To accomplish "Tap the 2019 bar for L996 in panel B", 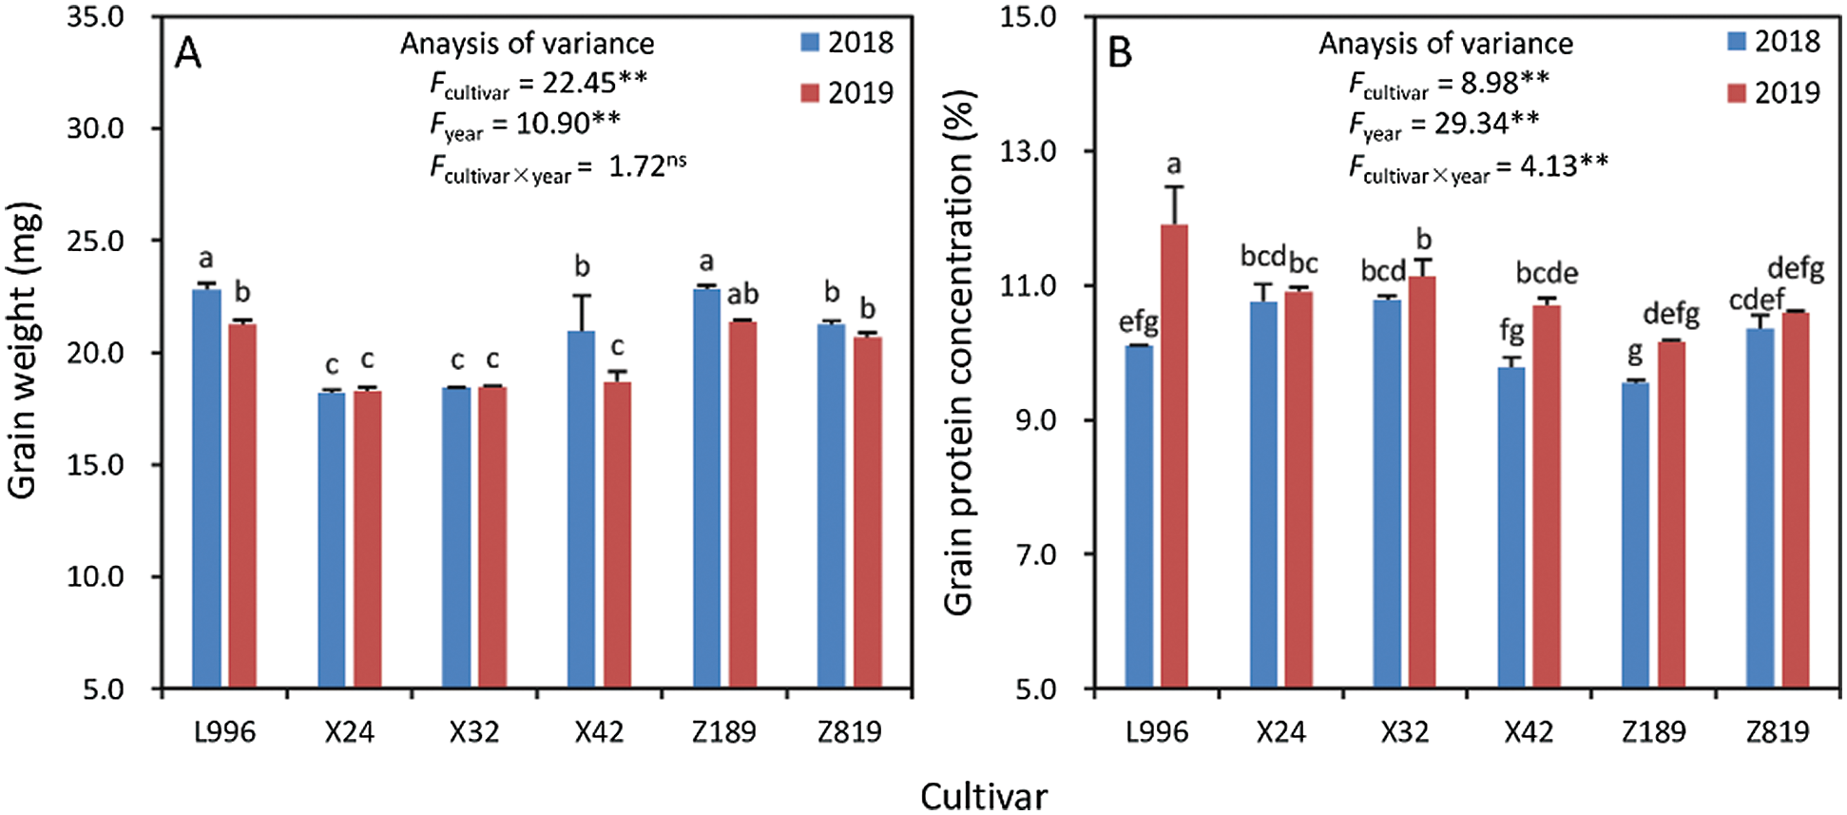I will coord(1175,456).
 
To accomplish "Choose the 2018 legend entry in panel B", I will coord(1774,42).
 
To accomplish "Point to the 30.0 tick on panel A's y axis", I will coord(96,128).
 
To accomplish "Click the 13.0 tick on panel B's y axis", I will coord(1029,151).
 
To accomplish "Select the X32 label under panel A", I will coord(473,732).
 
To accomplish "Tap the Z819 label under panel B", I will coord(1778,732).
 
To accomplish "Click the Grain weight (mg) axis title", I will coord(23,350).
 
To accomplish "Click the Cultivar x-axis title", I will coord(984,796).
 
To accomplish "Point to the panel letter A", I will coord(188,54).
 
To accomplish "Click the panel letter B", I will coord(1121,54).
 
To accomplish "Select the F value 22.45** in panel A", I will coord(594,83).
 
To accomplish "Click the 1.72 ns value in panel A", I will coord(646,165).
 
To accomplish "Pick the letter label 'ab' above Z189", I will coord(742,295).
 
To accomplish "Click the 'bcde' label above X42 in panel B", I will coord(1547,274).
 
